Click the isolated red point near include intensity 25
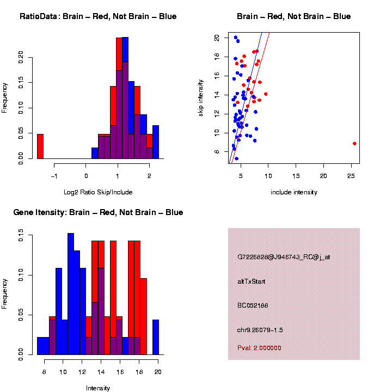tap(354, 143)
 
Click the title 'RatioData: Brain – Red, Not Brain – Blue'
tap(98, 16)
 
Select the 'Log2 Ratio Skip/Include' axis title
tap(98, 192)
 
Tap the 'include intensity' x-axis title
tap(294, 192)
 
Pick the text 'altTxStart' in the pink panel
tap(252, 281)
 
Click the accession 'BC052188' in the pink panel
tap(253, 305)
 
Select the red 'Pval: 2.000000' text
tap(259, 347)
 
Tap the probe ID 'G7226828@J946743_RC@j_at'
tap(284, 257)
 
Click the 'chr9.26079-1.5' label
tap(260, 330)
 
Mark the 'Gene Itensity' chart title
tap(98, 212)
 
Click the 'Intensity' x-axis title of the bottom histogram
tap(98, 388)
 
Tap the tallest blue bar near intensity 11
tap(71, 294)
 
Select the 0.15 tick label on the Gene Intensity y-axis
tap(21, 236)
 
